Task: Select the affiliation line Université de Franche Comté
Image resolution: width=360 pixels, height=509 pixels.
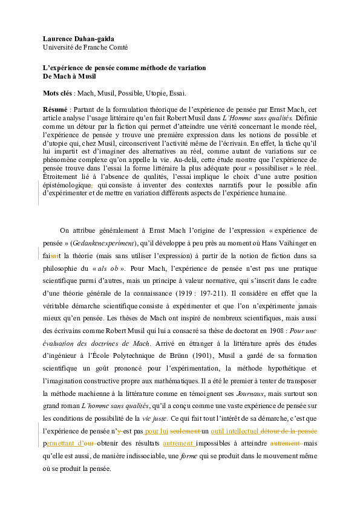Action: (x=85, y=47)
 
